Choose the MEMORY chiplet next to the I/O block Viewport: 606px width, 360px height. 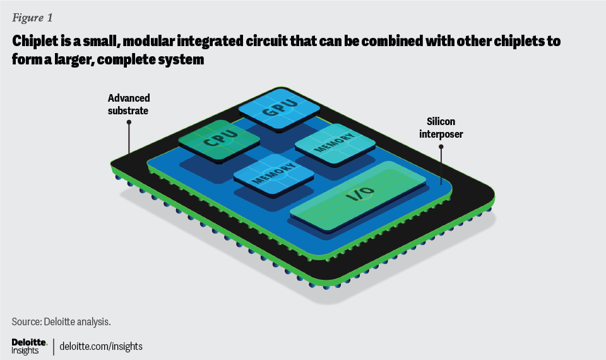(273, 173)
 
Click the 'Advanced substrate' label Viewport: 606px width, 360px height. (129, 104)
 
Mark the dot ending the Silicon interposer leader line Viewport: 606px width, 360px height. (441, 147)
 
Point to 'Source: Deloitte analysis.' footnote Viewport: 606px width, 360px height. (61, 321)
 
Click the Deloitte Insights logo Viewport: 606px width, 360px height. (29, 346)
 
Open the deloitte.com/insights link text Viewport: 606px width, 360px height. (102, 346)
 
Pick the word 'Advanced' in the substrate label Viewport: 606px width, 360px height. (129, 98)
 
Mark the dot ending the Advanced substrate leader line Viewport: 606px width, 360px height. (129, 123)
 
